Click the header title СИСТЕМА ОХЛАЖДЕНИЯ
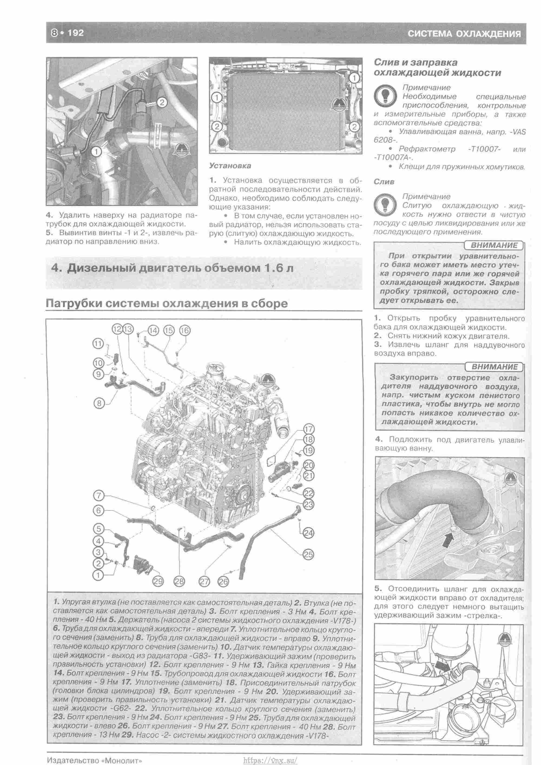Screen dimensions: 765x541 click(x=464, y=34)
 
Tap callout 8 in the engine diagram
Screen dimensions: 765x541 click(x=99, y=403)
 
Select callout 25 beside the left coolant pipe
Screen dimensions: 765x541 click(x=308, y=554)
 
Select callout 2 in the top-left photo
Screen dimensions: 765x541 click(x=161, y=102)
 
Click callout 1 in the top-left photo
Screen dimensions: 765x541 click(x=96, y=152)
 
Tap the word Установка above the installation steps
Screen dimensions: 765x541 click(x=230, y=166)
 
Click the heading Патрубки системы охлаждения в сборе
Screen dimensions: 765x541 click(x=167, y=304)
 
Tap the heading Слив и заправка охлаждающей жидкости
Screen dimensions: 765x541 click(x=437, y=68)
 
